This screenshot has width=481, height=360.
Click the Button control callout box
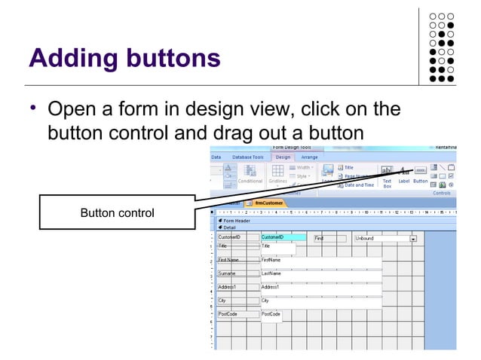click(x=117, y=214)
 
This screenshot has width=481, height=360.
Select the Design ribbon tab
click(x=283, y=157)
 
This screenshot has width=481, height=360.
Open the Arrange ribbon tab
click(x=309, y=157)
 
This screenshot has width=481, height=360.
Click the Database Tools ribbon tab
click(x=247, y=157)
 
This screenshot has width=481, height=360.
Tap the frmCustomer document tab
click(x=269, y=203)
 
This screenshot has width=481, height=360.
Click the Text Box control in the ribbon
click(x=387, y=174)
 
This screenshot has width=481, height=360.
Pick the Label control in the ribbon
click(x=403, y=174)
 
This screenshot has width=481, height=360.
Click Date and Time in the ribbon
click(x=359, y=185)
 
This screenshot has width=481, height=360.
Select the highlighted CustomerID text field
click(x=283, y=237)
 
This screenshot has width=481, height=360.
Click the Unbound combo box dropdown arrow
click(x=413, y=239)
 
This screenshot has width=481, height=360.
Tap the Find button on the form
click(x=329, y=238)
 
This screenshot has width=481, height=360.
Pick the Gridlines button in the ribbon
click(x=278, y=174)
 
